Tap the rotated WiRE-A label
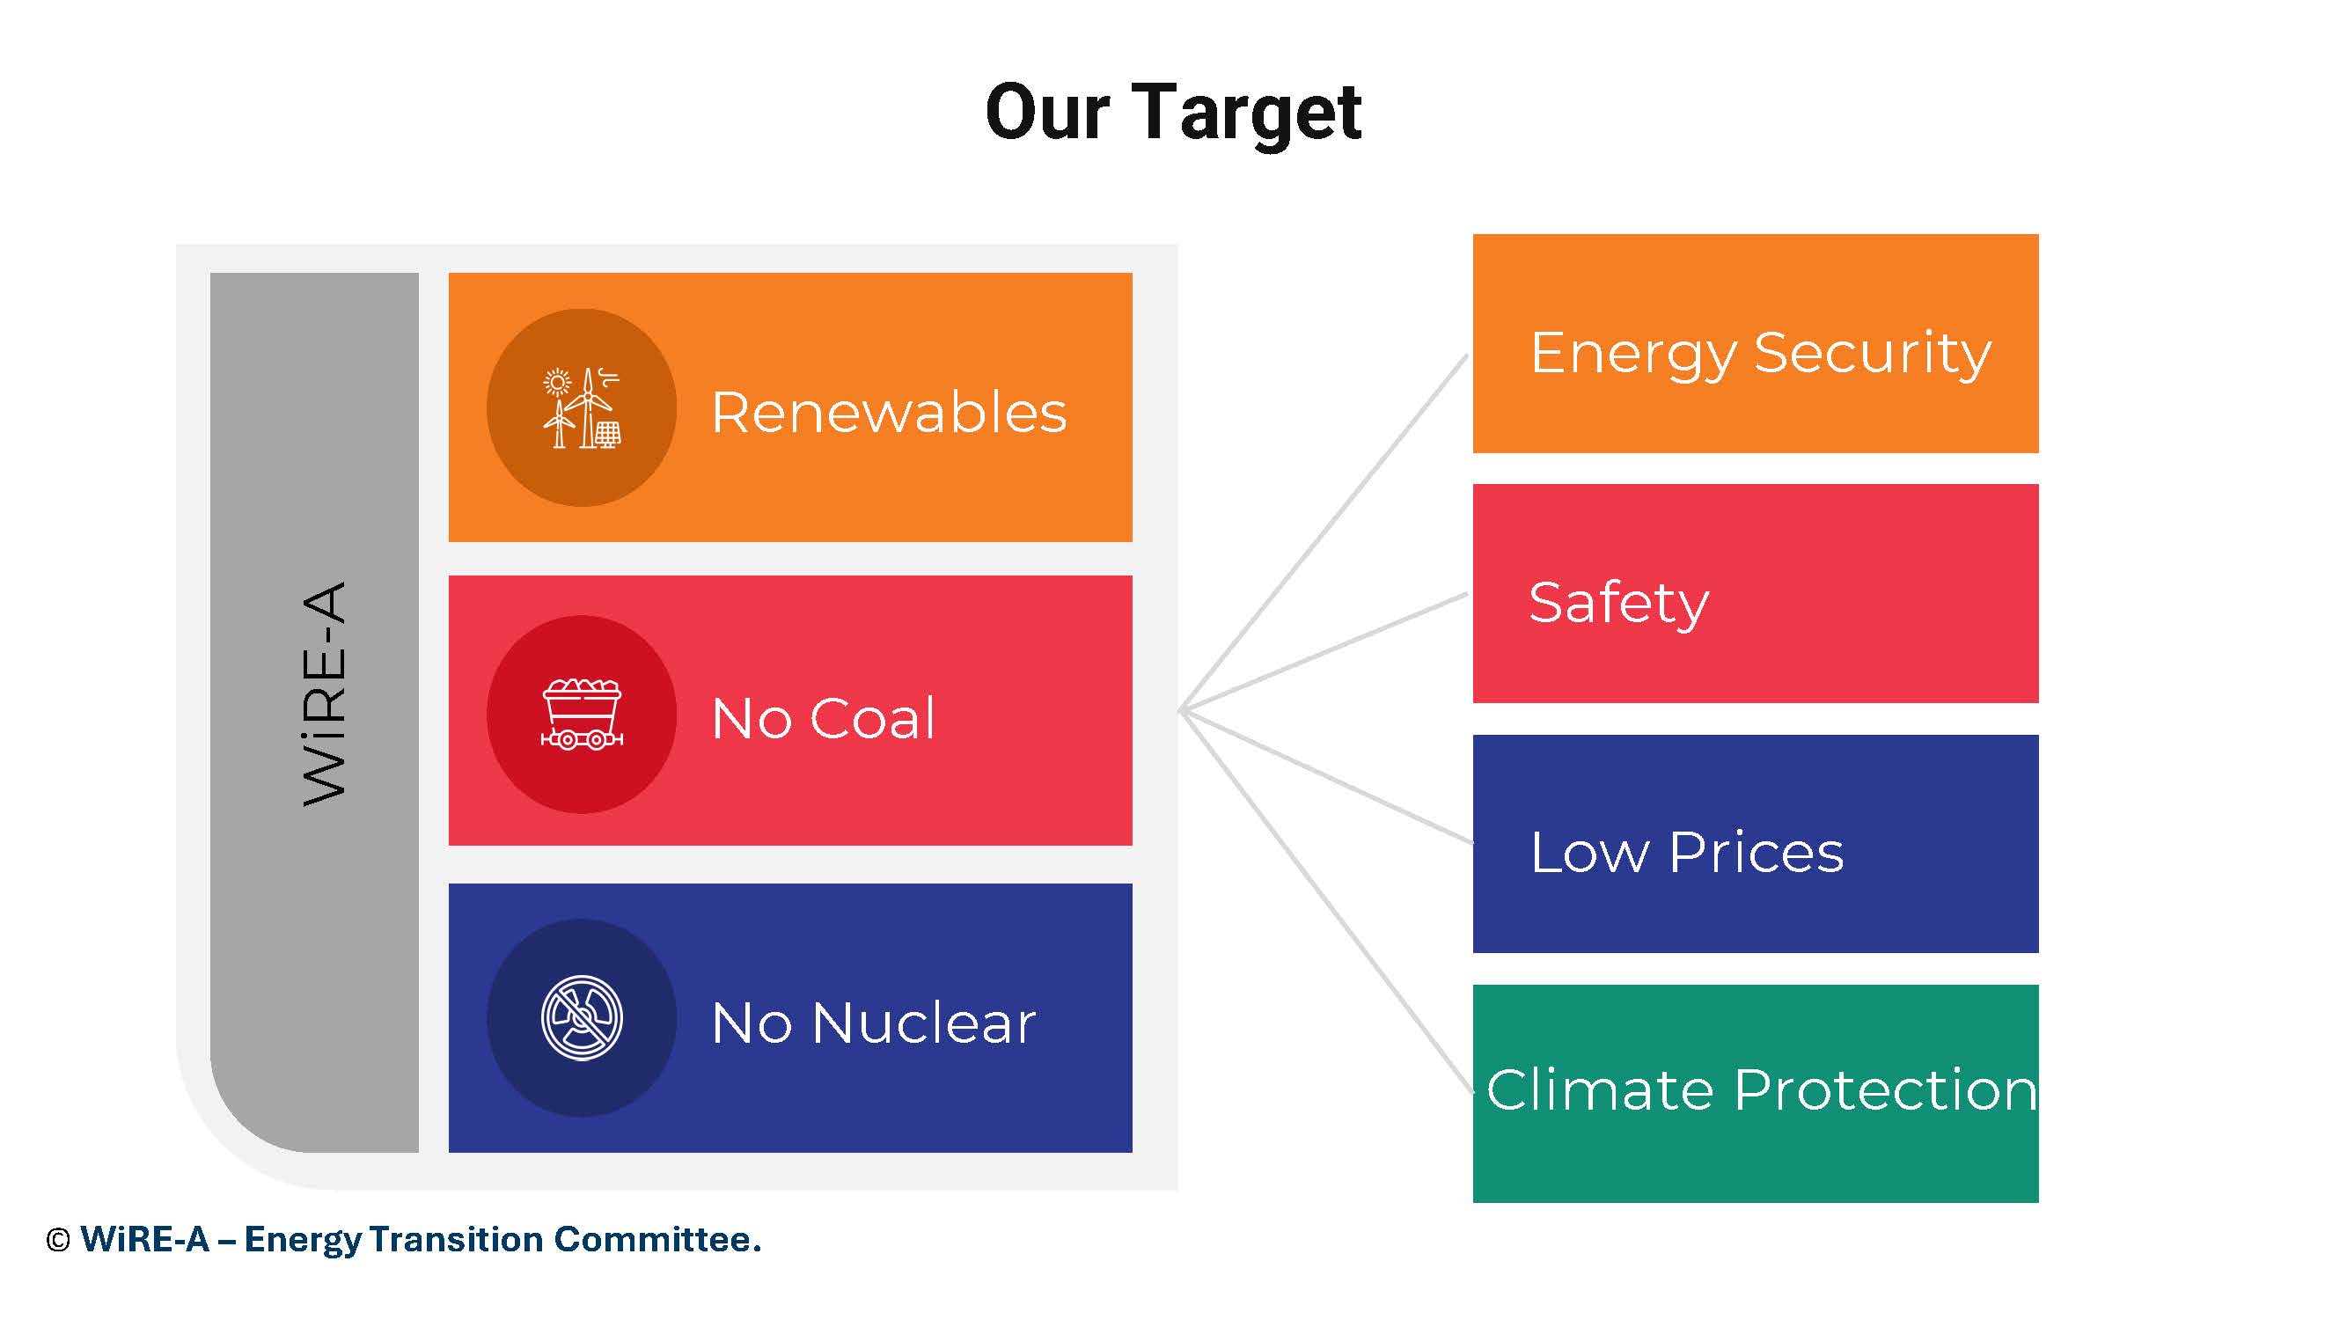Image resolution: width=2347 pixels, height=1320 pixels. coord(325,693)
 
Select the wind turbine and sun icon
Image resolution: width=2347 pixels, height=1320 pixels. coord(582,408)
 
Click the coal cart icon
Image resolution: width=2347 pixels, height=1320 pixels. coord(582,715)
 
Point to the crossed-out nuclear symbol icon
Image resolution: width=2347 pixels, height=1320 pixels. coord(582,1018)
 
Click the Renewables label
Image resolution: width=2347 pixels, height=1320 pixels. coord(888,413)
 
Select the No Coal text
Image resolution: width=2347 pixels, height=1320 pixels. coord(823,719)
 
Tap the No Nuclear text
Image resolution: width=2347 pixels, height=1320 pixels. coord(873,1023)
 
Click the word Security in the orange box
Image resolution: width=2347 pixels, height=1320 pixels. coord(1873,356)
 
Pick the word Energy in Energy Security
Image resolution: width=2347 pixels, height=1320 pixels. coord(1633,356)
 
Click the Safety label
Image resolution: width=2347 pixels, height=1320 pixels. coord(1619,604)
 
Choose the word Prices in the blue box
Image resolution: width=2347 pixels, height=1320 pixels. coord(1756,854)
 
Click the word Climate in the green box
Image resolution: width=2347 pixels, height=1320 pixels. coord(1600,1090)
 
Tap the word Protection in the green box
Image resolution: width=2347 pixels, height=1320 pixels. coord(1885,1090)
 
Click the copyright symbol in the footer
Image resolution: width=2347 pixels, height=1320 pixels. coord(57,1242)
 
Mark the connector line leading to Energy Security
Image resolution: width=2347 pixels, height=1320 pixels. coord(1324,532)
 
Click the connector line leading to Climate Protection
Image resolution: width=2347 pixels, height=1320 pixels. coord(1325,901)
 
